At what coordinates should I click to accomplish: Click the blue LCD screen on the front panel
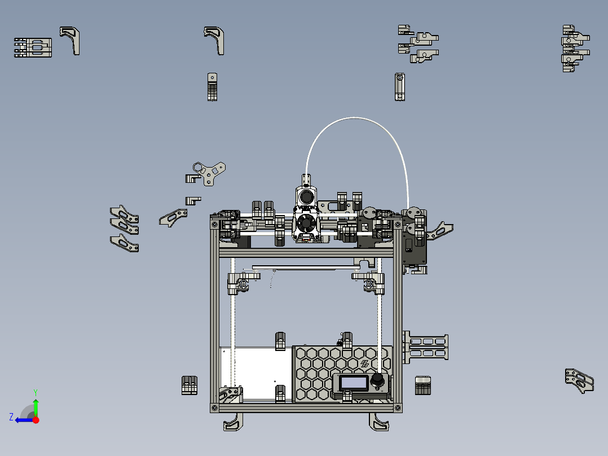pos(354,382)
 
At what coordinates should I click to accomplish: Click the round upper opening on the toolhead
pos(306,196)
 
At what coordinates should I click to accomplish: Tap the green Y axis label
pos(35,392)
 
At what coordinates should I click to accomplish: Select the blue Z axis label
pos(11,417)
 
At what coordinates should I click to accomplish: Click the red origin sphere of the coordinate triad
pos(36,420)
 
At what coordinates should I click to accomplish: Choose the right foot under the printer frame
pos(380,423)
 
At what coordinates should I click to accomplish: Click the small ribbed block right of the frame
pos(422,385)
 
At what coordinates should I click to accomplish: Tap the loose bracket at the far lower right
pos(579,380)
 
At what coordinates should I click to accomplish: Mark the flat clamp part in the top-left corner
pos(33,48)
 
